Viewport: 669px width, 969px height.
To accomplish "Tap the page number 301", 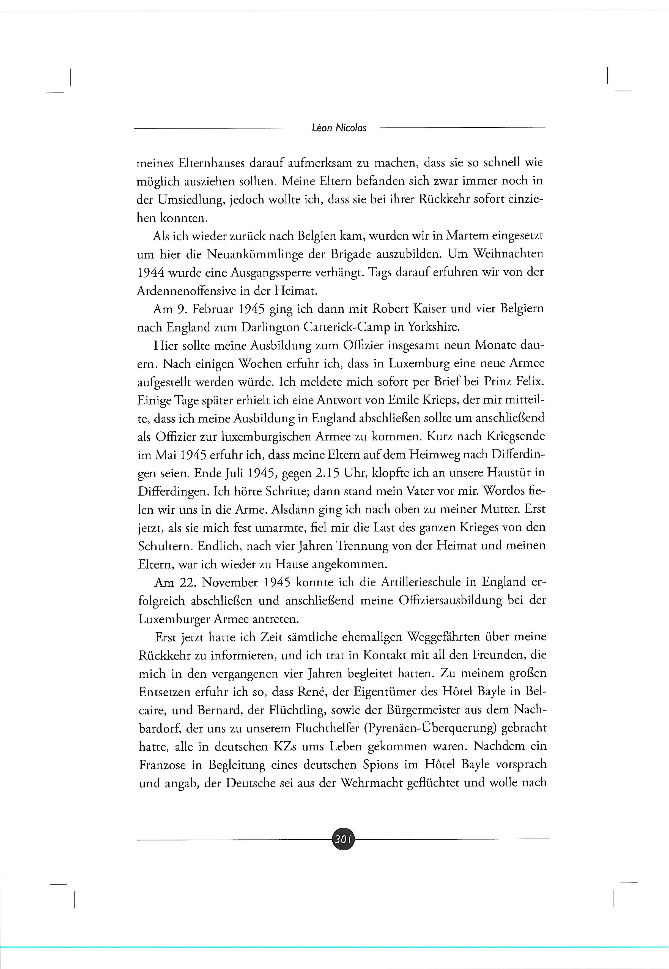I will click(x=343, y=839).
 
